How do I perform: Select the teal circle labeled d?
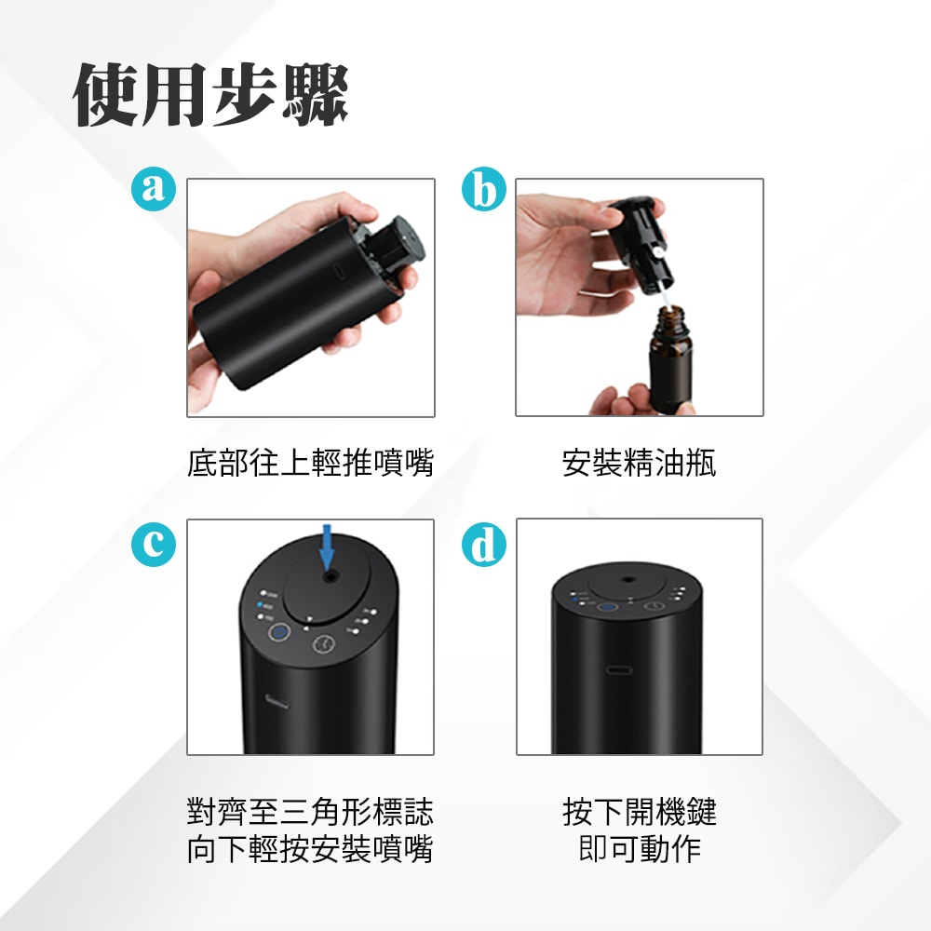(483, 546)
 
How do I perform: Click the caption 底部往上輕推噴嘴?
(310, 463)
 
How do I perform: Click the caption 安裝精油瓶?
(639, 463)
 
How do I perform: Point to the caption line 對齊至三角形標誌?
(310, 812)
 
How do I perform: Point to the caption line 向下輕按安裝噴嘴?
(310, 849)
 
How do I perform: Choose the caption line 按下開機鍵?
(639, 812)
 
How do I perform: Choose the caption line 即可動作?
(639, 849)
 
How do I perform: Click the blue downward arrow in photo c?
(326, 548)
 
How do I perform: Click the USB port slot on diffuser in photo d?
(619, 669)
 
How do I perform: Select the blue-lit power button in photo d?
(602, 608)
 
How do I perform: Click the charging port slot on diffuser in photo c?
(276, 700)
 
